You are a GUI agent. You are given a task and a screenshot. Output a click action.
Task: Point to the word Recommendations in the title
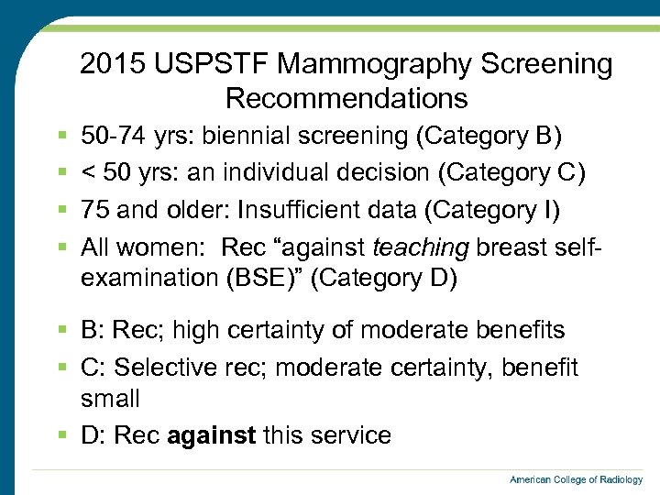click(346, 98)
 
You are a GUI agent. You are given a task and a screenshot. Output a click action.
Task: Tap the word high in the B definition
click(194, 330)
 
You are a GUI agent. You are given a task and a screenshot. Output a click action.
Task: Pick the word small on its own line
click(110, 400)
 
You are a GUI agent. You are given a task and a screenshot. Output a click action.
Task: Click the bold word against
click(212, 435)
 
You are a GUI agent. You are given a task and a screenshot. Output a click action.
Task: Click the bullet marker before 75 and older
click(61, 210)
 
